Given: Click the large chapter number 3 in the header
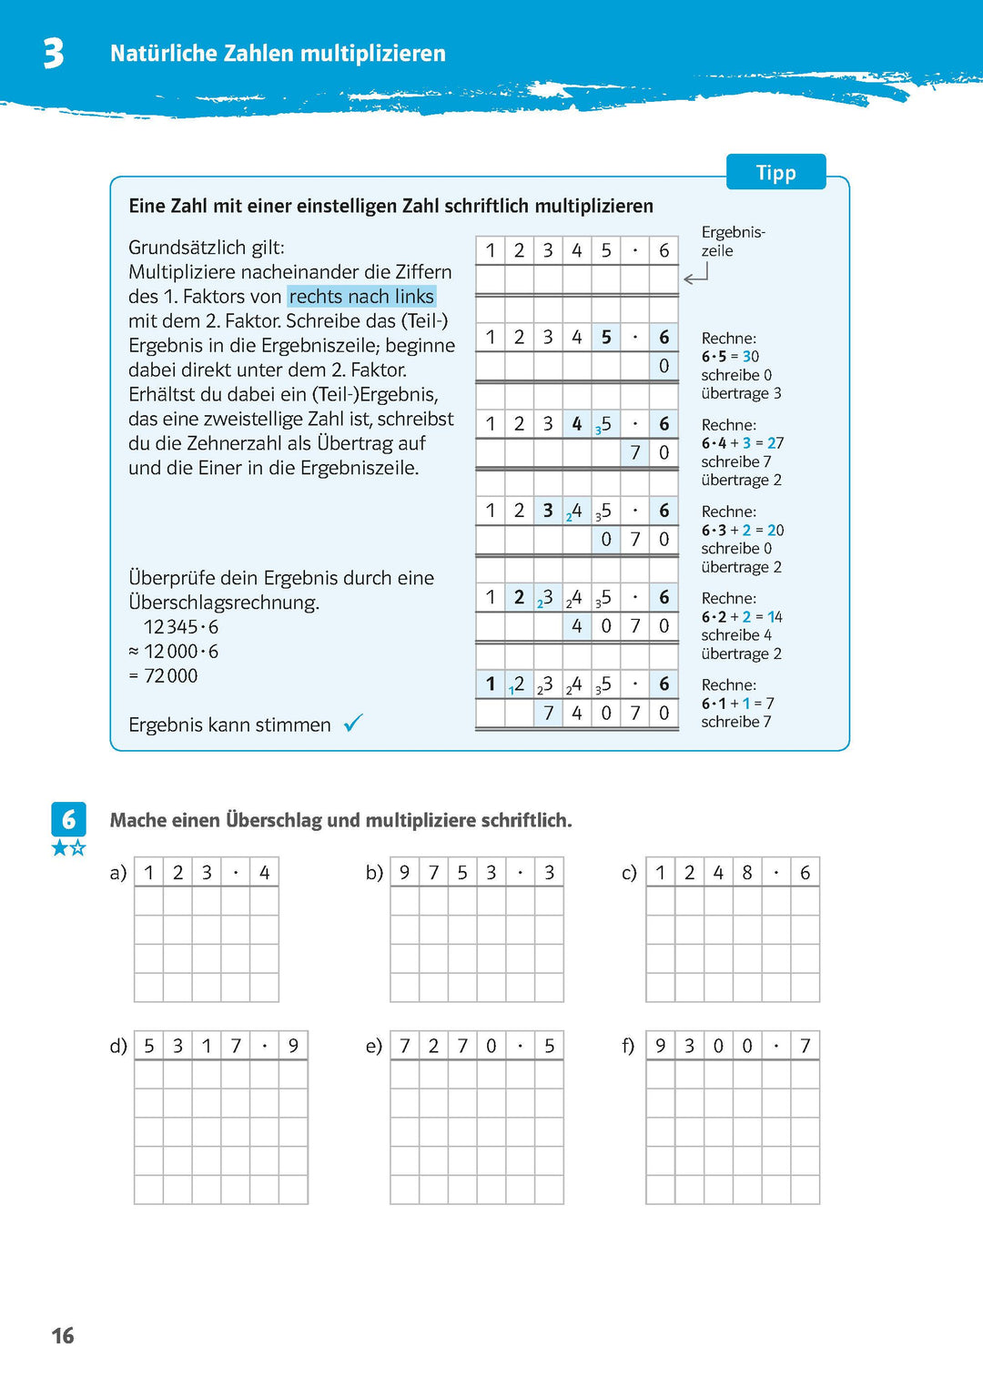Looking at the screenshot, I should [54, 54].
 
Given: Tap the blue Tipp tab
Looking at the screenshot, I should [775, 172].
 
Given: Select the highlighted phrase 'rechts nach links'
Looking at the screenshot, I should [361, 297].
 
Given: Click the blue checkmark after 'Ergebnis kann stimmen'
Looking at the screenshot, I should [353, 724].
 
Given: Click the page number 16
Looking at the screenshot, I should [63, 1335].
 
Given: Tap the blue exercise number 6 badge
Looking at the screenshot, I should [68, 819].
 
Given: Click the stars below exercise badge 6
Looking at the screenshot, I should [68, 848].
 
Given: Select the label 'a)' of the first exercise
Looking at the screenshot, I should [118, 873].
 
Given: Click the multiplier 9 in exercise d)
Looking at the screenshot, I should [293, 1046].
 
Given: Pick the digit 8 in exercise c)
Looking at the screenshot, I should [747, 873].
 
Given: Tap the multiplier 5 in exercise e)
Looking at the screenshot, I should [549, 1046].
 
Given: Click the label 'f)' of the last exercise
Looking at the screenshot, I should [628, 1046].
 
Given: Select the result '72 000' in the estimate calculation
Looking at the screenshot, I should [170, 675].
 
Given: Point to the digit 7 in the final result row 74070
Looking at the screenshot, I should [548, 714].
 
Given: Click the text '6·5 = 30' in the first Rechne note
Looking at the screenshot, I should [730, 357].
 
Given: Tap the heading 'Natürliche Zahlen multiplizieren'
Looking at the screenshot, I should [278, 54].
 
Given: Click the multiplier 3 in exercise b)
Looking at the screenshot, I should [549, 873].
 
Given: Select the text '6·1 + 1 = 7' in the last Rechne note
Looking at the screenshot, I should [737, 704].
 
